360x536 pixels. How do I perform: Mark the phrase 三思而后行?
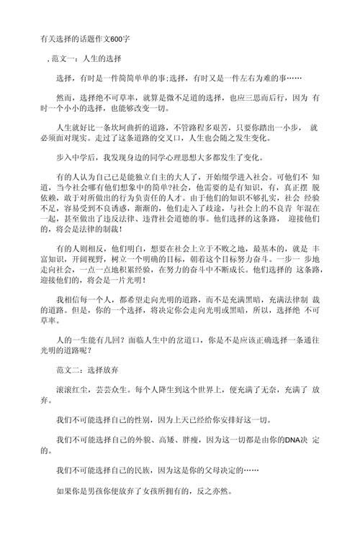tap(267, 96)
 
